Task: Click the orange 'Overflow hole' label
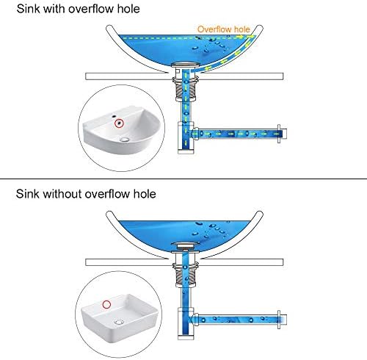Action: coord(224,29)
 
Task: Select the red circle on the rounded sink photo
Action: coord(120,123)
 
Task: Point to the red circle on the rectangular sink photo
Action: coord(106,304)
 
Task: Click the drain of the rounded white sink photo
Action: coord(125,140)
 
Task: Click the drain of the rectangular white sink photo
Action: coord(119,322)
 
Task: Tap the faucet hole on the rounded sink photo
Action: coord(114,115)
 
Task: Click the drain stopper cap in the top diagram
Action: coord(186,65)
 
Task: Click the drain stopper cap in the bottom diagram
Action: coord(186,245)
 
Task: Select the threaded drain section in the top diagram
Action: coord(186,89)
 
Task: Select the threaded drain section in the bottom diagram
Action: coord(186,275)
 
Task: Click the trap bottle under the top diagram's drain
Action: coord(186,137)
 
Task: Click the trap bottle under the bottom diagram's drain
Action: coord(186,323)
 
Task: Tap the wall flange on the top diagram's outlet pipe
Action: coord(279,134)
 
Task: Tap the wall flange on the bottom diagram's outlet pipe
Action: coord(279,320)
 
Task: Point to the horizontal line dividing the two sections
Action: coord(183,179)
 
